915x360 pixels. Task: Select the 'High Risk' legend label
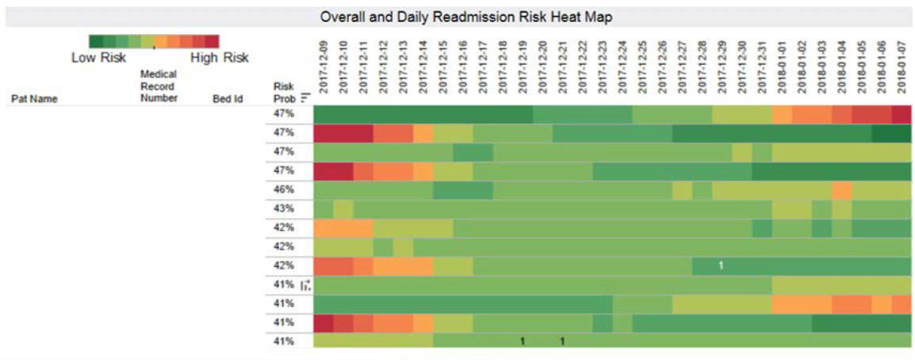point(219,58)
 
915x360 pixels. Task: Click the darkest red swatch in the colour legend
point(212,42)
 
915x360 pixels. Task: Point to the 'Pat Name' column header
point(34,99)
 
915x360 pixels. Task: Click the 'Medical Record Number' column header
point(159,86)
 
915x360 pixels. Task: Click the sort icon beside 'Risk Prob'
point(304,99)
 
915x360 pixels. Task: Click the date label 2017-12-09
point(324,70)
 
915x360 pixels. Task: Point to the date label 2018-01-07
point(902,70)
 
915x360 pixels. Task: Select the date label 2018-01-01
point(782,70)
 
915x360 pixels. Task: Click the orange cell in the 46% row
point(841,190)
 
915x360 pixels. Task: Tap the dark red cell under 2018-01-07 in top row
point(901,114)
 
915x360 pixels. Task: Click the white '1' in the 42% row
point(721,266)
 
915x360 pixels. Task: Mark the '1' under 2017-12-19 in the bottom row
point(523,342)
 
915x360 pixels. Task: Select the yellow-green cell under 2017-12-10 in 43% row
point(343,209)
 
